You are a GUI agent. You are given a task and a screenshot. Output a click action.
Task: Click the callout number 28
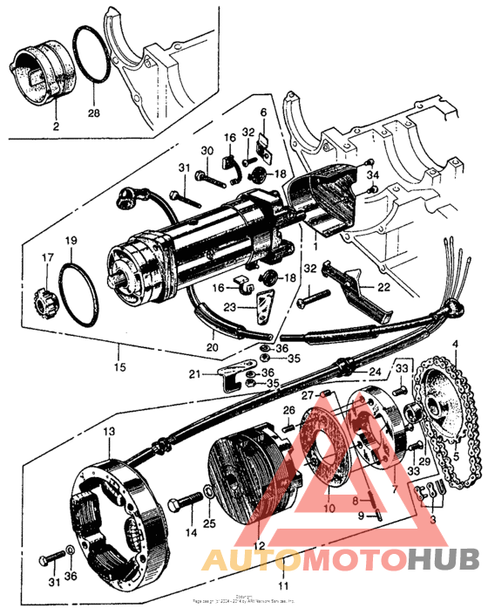tap(94, 113)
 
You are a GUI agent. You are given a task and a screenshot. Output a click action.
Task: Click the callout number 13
tap(108, 431)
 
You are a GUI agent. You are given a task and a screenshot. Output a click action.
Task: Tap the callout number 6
tap(262, 113)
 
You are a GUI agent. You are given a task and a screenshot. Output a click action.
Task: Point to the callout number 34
tap(374, 177)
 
